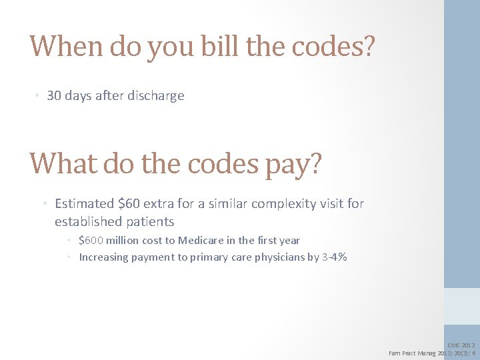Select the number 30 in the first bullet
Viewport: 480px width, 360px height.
pos(54,95)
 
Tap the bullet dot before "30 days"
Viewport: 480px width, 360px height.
pos(37,95)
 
